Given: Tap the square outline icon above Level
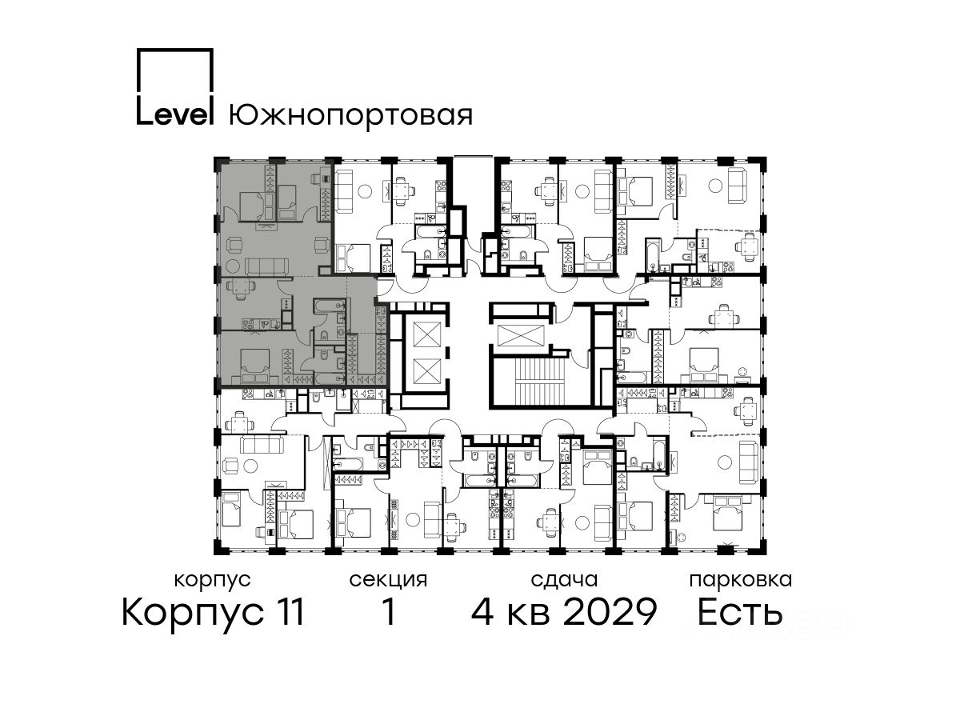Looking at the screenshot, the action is (175, 49).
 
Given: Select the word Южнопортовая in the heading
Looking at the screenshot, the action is (350, 116).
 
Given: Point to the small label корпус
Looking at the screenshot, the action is (212, 581).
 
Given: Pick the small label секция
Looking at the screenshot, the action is (388, 581).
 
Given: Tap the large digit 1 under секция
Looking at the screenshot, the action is (389, 612).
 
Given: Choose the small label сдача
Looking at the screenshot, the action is (564, 581).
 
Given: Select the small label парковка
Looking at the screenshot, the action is (741, 581).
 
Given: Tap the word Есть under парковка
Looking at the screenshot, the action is (740, 612).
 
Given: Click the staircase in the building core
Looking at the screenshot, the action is (542, 383).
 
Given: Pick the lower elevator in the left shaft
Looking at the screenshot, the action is (426, 371).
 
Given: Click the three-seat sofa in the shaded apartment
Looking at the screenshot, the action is (266, 266).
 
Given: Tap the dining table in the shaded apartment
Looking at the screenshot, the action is (240, 288).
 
